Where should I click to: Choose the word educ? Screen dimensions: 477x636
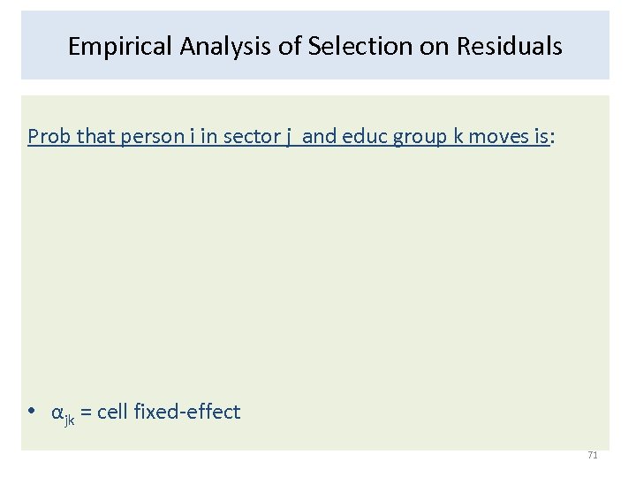point(363,137)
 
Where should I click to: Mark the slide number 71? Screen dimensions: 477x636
point(593,455)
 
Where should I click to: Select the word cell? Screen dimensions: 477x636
point(113,412)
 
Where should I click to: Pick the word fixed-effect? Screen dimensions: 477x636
point(188,412)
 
